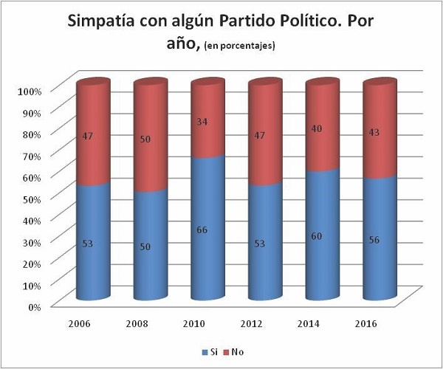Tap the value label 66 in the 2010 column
(202, 230)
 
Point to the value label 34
(202, 122)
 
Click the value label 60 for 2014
(317, 235)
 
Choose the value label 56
(374, 240)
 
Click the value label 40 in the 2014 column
(317, 128)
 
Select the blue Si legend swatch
(204, 351)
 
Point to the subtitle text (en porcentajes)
(239, 46)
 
